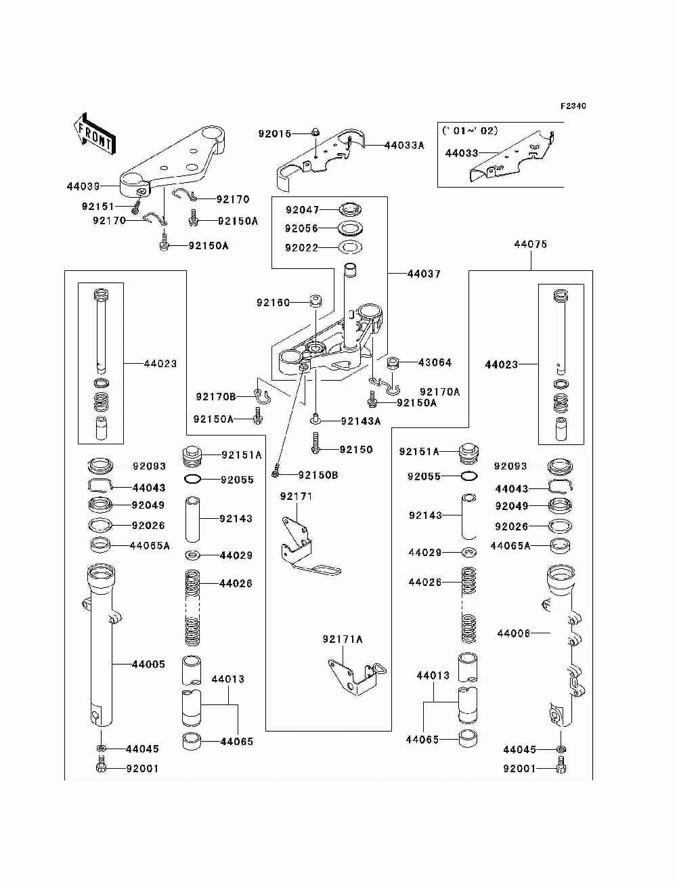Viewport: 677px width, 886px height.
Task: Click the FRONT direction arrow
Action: (94, 133)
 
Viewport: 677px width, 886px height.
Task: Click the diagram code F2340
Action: (573, 106)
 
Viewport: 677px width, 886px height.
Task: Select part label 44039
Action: (83, 186)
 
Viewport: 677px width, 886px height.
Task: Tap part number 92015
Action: (275, 133)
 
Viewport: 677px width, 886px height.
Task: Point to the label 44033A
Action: (404, 146)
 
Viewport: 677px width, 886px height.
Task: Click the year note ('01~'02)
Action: (470, 131)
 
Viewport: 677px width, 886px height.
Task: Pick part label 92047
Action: (302, 210)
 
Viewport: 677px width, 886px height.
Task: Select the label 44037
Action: (424, 274)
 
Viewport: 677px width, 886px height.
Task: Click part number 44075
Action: (531, 245)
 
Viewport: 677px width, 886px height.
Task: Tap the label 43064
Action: (435, 362)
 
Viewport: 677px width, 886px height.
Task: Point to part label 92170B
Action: (216, 397)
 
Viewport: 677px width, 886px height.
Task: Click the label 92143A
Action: (361, 421)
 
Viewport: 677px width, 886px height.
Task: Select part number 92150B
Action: (318, 475)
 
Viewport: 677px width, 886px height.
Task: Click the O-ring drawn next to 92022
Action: (349, 247)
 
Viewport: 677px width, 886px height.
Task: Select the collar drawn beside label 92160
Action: (315, 301)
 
